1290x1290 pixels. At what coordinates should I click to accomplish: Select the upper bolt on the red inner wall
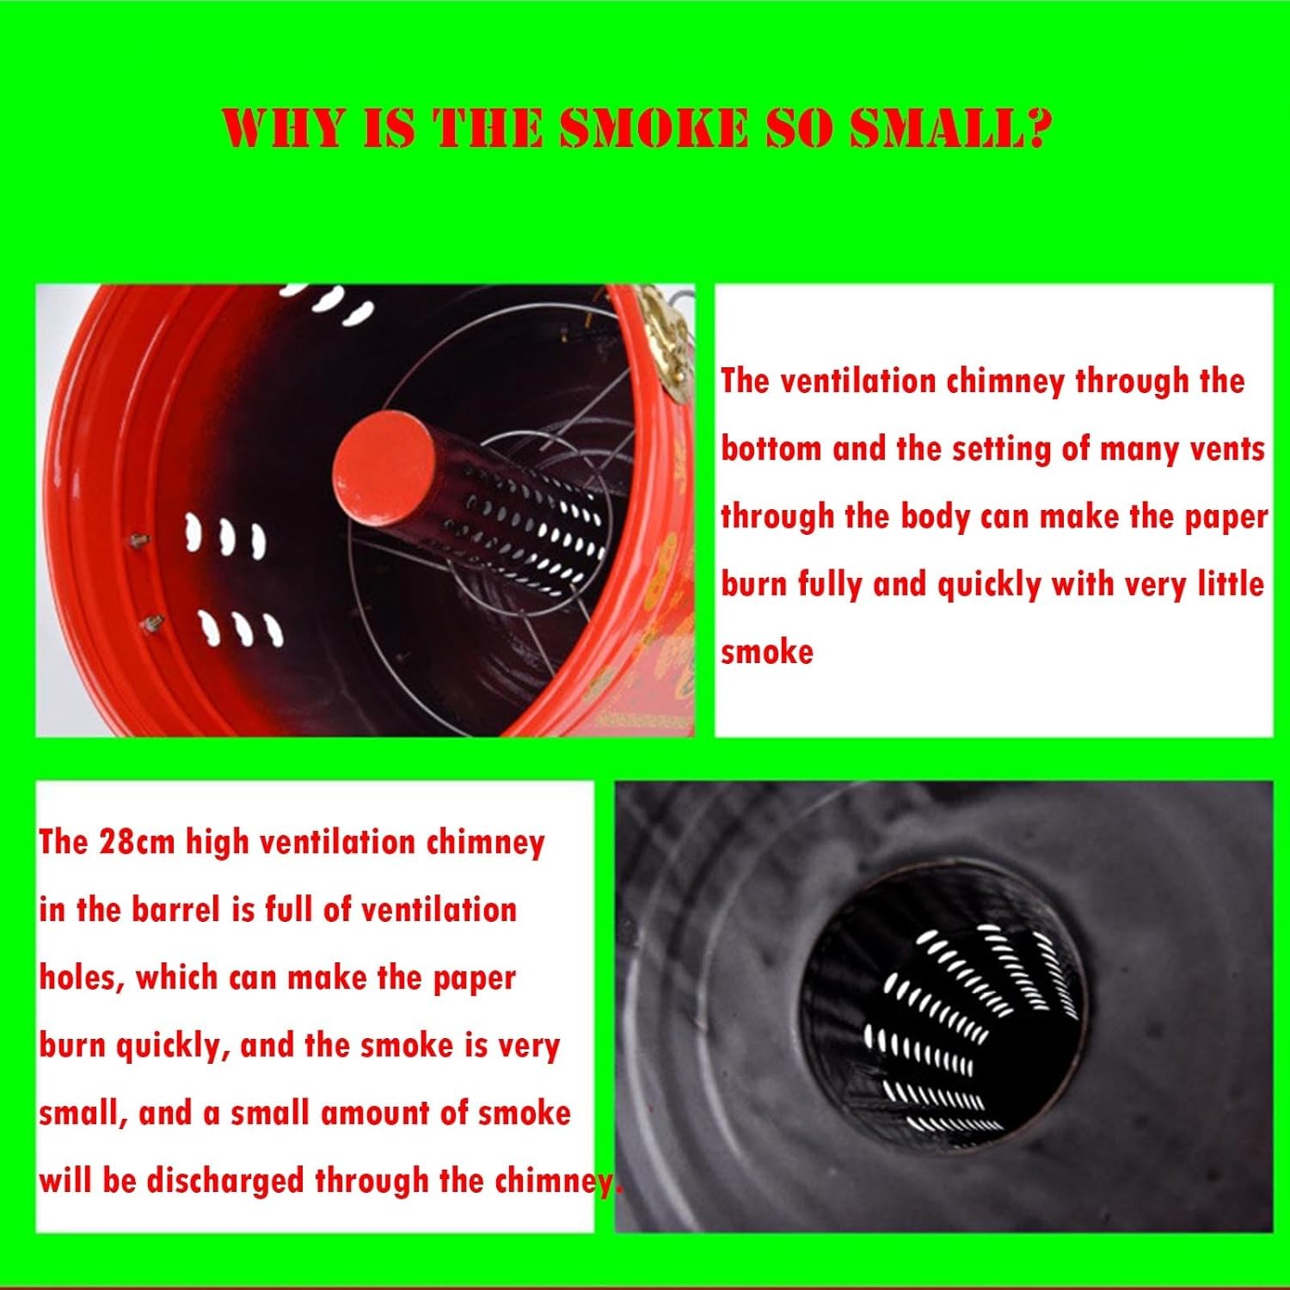tap(137, 541)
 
